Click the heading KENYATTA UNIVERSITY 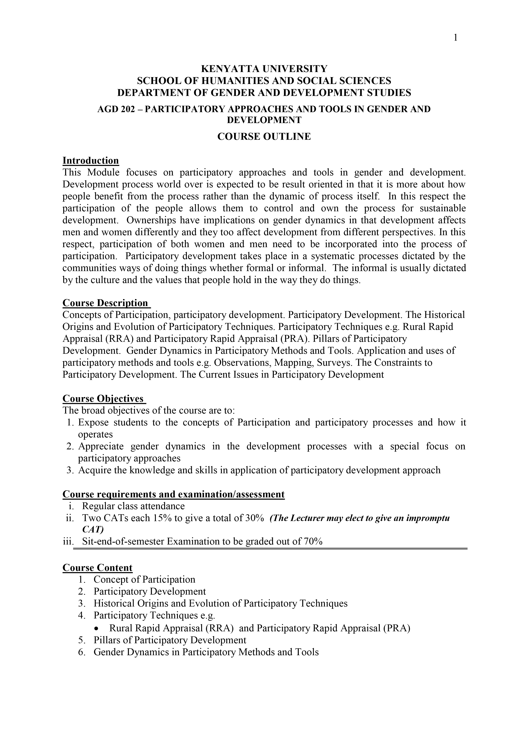coord(264,69)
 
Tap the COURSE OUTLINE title coord(264,137)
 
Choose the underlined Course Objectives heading coord(103,398)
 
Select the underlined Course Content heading coord(97,568)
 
